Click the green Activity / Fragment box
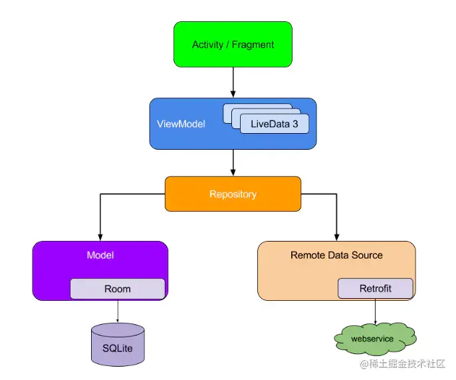[x=233, y=45]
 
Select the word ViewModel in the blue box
[x=181, y=124]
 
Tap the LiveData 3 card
[x=275, y=124]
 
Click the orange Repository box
[x=233, y=194]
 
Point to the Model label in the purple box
[x=100, y=255]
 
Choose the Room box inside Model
[x=118, y=289]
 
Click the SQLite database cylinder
[x=118, y=345]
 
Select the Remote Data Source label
[x=336, y=255]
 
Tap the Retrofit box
[x=375, y=288]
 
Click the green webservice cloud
[x=375, y=339]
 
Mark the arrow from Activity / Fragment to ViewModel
[x=233, y=83]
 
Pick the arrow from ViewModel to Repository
[x=233, y=163]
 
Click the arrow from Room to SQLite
[x=118, y=311]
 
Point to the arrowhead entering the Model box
[x=100, y=237]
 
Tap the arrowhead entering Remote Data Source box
[x=337, y=237]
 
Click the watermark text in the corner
[x=403, y=363]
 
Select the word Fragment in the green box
[x=253, y=45]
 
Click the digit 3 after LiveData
[x=295, y=124]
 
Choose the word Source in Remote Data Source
[x=367, y=255]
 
